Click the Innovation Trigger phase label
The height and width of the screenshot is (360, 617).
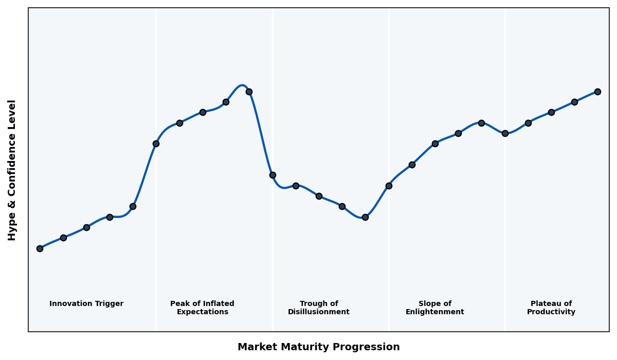tap(86, 304)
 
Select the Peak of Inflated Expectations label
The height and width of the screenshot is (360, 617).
tap(202, 308)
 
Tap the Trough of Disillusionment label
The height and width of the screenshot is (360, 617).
tap(319, 308)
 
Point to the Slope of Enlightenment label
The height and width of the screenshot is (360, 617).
tap(434, 308)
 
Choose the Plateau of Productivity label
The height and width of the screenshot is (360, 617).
tap(551, 308)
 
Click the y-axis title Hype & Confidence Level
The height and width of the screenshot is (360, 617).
tap(12, 170)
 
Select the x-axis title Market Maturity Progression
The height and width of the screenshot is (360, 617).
tap(318, 347)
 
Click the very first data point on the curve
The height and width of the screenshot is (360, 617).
tap(40, 248)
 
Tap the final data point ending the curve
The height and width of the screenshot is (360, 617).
tap(597, 92)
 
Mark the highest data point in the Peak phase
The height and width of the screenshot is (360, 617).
tap(249, 92)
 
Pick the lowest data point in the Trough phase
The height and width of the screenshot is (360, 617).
tap(365, 217)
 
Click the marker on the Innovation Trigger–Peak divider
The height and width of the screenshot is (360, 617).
tap(156, 143)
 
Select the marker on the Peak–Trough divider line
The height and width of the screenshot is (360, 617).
tap(273, 175)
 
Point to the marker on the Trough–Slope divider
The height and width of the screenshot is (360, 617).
tap(389, 186)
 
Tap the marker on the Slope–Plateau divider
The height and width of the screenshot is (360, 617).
tap(505, 133)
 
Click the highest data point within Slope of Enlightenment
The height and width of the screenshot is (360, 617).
tap(481, 123)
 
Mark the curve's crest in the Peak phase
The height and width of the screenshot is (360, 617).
tap(242, 85)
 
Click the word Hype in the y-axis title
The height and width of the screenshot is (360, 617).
tap(12, 228)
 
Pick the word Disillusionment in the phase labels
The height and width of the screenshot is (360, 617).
tap(319, 312)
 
